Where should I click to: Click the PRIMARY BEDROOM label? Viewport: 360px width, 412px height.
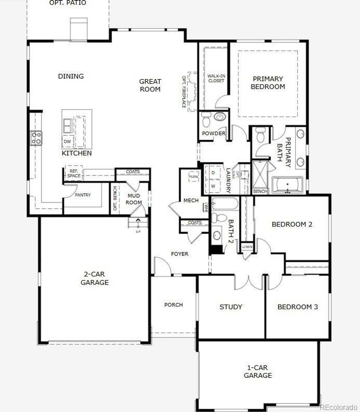(268, 83)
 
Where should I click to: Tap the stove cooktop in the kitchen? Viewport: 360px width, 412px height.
(36, 138)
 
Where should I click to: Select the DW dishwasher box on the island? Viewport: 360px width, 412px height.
(67, 141)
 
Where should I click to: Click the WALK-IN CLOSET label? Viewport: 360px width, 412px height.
(216, 78)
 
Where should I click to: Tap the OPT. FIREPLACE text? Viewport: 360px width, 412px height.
(184, 92)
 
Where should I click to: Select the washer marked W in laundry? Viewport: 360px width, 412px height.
(213, 186)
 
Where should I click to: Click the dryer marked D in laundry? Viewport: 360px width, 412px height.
(213, 173)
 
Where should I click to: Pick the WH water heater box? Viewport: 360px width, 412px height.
(206, 208)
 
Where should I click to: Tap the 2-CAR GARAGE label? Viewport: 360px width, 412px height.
(94, 278)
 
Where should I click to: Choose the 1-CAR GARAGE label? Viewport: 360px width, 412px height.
(258, 371)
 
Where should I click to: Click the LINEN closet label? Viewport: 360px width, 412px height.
(247, 247)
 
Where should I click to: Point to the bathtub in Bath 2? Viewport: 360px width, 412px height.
(225, 203)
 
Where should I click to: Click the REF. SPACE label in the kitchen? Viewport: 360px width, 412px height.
(74, 173)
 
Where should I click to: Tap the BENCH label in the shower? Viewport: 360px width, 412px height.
(260, 191)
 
